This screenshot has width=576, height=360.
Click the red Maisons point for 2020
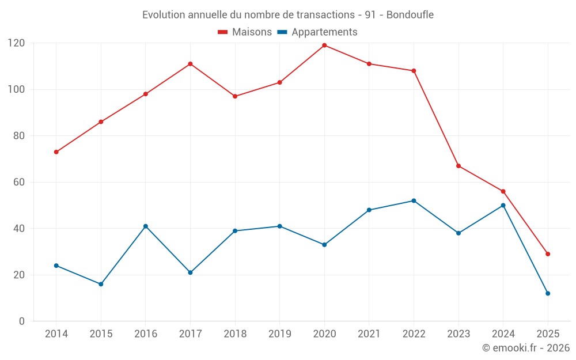tap(324, 46)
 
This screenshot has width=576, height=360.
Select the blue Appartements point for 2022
tap(414, 200)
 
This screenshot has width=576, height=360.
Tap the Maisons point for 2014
tap(56, 152)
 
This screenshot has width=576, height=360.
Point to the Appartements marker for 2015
tap(101, 284)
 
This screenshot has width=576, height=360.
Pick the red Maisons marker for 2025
tap(548, 254)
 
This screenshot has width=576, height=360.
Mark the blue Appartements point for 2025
tap(548, 293)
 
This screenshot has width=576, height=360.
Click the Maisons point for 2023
tap(458, 166)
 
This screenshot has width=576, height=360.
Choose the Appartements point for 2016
tap(146, 226)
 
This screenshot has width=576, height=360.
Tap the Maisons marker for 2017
tap(190, 64)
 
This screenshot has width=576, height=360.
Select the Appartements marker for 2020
tap(324, 245)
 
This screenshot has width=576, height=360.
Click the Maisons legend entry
tap(245, 32)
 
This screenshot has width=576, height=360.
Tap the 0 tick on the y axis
tap(22, 321)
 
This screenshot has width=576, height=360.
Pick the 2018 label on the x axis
tap(235, 334)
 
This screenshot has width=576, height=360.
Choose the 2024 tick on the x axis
tap(503, 334)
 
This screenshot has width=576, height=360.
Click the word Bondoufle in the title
tap(410, 14)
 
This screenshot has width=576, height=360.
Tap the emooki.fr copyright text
tap(526, 348)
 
